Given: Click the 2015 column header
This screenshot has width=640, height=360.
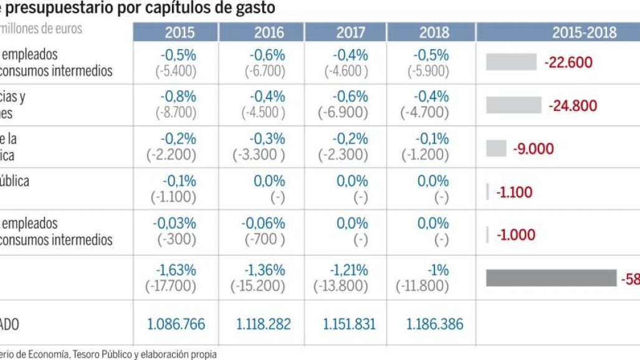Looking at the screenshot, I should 179,32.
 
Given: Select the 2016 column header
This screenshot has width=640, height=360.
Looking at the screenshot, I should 269,32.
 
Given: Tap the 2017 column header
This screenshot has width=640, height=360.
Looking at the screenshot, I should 351,32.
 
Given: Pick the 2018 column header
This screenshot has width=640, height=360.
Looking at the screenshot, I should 434,32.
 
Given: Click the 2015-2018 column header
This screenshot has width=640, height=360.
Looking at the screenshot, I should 584,32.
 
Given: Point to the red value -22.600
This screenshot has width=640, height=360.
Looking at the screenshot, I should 568,62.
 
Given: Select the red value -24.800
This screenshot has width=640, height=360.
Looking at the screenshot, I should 572,105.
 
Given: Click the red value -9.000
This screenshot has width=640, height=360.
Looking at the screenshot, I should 533,149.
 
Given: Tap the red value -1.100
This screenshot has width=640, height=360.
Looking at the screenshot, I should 514,192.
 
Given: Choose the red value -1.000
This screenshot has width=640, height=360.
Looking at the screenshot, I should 516,235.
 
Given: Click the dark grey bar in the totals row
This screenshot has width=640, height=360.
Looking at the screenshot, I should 551,278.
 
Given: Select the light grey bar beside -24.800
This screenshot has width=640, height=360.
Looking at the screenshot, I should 513,105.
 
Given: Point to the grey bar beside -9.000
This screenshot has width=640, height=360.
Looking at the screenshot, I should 496,148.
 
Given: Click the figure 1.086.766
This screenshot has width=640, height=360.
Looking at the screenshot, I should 176,324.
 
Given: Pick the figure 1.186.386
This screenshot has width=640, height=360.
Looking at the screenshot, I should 435,324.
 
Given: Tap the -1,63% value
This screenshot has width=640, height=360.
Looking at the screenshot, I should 178,270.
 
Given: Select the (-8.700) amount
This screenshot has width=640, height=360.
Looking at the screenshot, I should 175,113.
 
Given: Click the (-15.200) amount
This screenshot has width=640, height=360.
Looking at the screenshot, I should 258,287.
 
